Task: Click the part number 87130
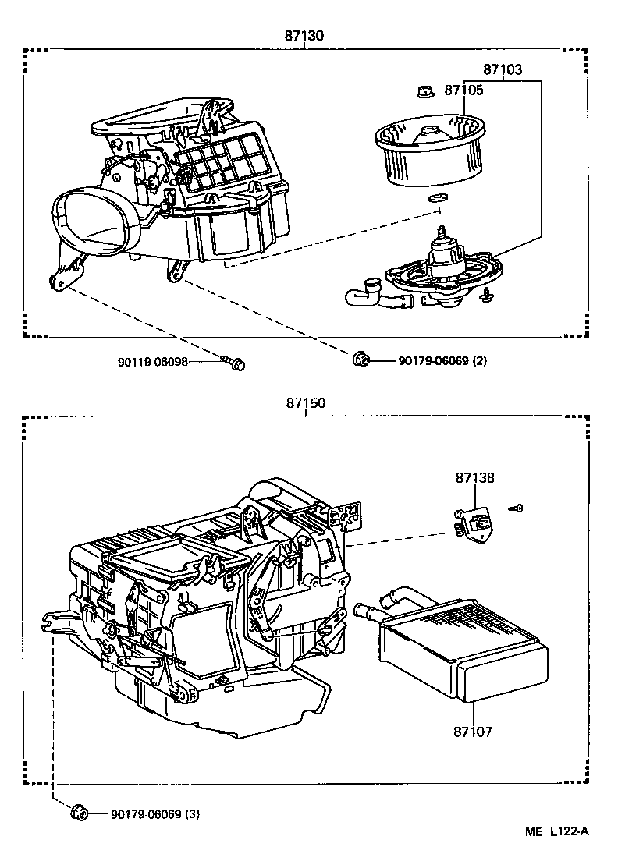click(x=304, y=35)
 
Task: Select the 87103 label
click(x=502, y=69)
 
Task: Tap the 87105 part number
click(x=463, y=90)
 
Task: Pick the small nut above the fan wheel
click(x=424, y=92)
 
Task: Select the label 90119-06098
click(x=153, y=362)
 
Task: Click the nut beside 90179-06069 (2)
click(x=360, y=360)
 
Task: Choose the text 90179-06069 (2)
click(x=442, y=361)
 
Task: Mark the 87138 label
click(x=475, y=478)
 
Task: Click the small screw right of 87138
click(x=517, y=508)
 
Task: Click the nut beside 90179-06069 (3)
click(x=78, y=814)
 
